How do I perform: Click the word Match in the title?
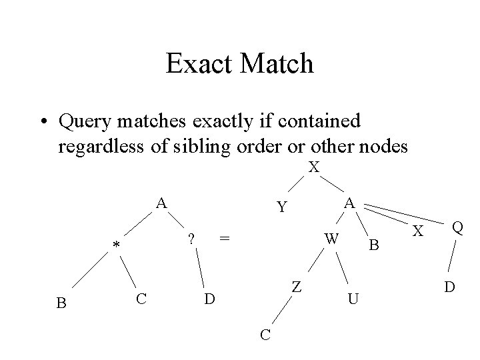[279, 64]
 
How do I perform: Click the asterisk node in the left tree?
[116, 247]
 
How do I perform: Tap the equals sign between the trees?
[225, 238]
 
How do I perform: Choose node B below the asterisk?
[61, 303]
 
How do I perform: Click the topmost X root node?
[314, 167]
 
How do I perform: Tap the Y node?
[283, 208]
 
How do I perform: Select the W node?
[331, 238]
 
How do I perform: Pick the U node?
[354, 299]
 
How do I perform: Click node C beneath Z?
[265, 334]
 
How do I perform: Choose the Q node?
[457, 228]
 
